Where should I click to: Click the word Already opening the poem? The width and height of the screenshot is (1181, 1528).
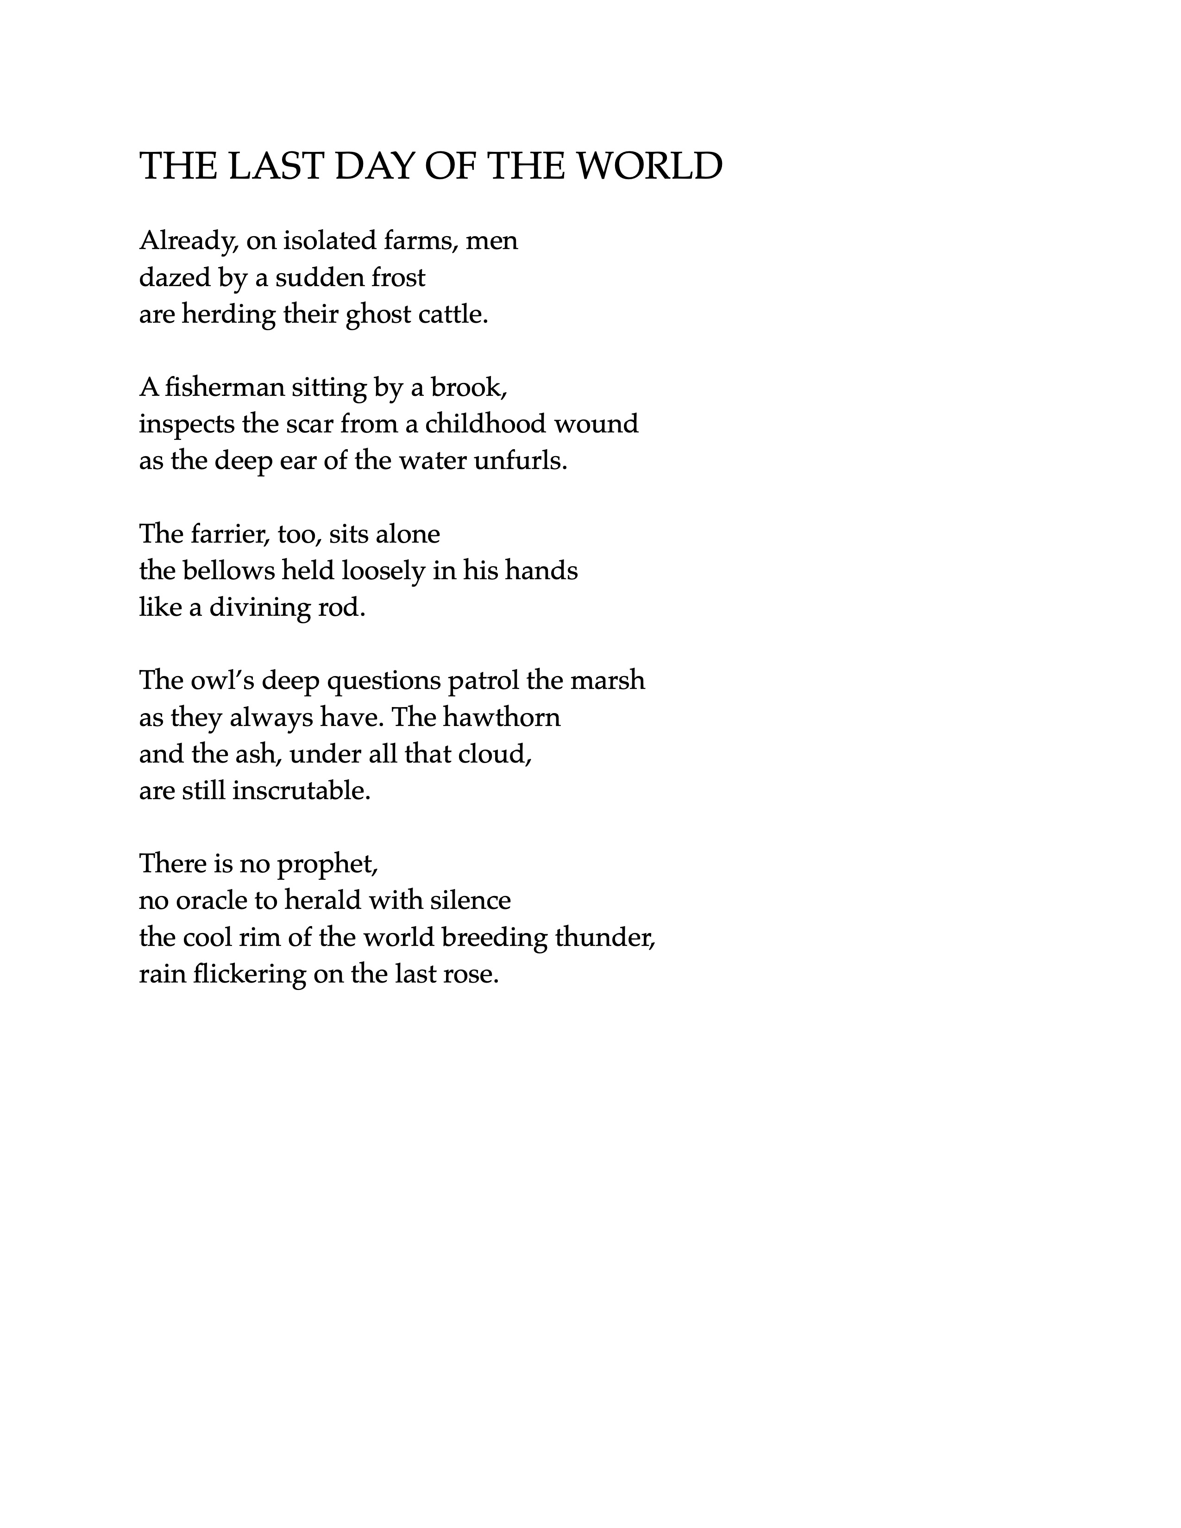(x=189, y=241)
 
